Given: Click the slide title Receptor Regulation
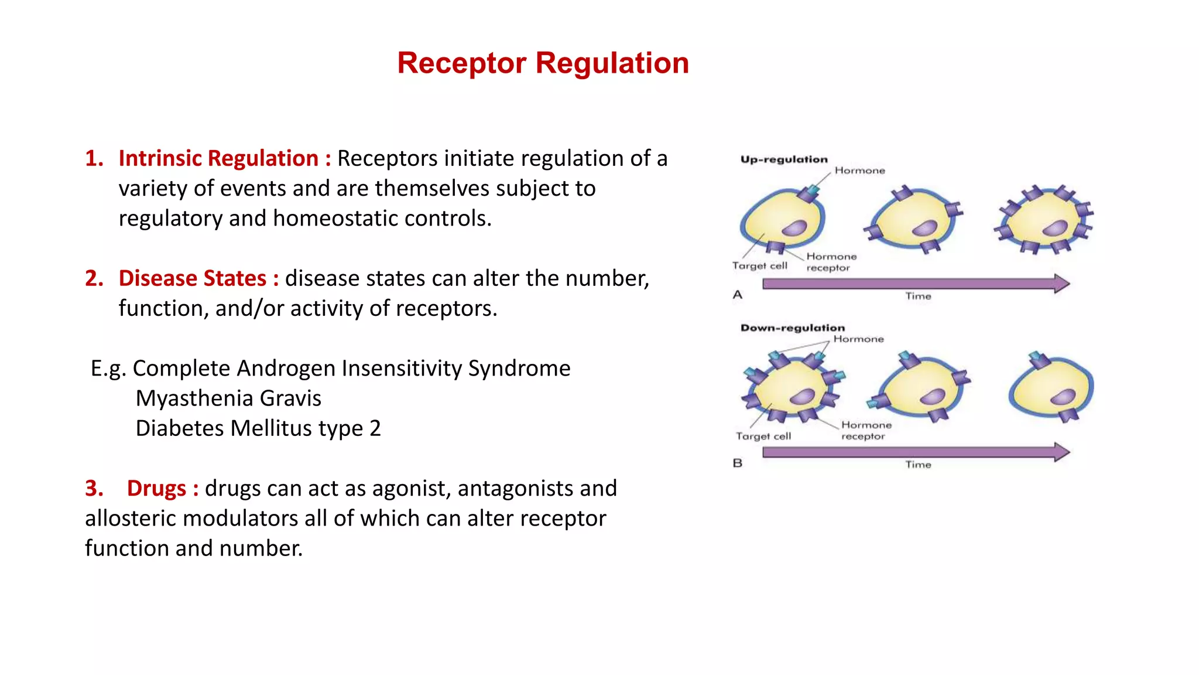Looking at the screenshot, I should (543, 63).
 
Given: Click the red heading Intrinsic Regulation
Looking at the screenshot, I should (218, 158).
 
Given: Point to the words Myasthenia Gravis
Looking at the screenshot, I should (228, 398).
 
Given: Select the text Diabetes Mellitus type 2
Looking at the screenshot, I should (258, 428).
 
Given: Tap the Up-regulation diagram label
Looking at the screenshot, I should (784, 159).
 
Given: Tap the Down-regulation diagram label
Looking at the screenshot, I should (792, 328).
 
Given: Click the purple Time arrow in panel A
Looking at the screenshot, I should (913, 284).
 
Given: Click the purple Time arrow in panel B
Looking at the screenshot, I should (913, 452).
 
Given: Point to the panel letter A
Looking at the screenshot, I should (738, 295).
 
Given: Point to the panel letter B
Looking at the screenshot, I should (738, 463).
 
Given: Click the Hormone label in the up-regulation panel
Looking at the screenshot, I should (859, 171).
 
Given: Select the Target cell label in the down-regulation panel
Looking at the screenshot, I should (763, 436).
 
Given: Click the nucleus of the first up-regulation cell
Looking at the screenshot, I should (794, 227).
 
